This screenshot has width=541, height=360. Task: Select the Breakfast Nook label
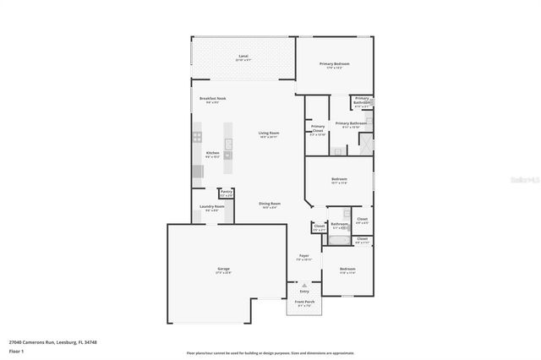pos(212,99)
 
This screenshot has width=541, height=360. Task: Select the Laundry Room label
pos(212,207)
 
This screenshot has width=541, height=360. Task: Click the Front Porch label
pos(304,302)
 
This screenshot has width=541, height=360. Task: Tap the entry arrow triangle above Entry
pos(304,285)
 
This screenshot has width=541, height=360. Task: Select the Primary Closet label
pos(318,128)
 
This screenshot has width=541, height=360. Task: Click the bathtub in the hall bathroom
pos(339,241)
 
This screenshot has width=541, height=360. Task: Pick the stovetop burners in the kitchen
pos(197,136)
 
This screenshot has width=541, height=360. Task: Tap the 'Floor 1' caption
pos(16,351)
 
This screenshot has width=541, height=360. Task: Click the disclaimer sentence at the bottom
pos(270,353)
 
